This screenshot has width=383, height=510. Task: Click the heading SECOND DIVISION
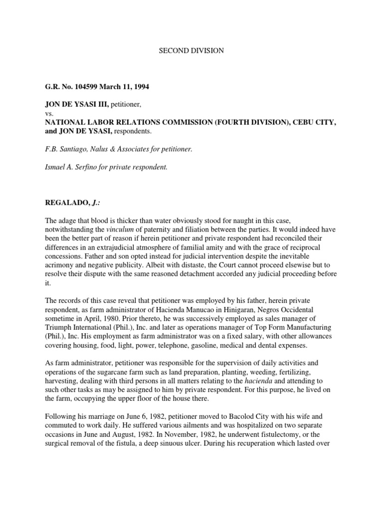(191, 51)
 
